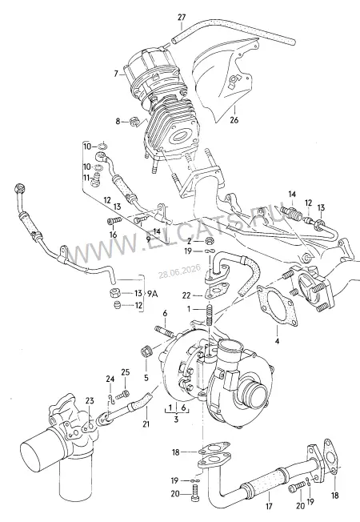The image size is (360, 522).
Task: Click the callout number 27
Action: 182,17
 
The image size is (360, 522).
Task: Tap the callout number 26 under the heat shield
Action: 234,120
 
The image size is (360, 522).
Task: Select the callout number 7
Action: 116,74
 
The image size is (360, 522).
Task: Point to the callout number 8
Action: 118,122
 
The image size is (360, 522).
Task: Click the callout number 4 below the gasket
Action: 277,340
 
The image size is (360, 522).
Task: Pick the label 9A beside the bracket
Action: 152,294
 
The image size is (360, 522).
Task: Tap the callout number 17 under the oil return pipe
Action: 269,507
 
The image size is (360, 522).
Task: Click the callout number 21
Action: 146,424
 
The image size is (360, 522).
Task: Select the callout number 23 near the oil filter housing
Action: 90,401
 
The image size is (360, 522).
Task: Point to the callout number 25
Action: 125,372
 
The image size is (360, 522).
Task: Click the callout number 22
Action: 186,295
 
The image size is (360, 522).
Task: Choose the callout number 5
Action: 146,378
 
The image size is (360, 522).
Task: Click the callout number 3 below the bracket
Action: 176,420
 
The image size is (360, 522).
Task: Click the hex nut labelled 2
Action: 210,240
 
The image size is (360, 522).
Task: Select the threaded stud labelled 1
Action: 210,315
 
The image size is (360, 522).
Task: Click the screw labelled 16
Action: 113,221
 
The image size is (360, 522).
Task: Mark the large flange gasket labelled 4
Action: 277,304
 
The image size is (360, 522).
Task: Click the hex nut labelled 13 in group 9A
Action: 114,294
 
